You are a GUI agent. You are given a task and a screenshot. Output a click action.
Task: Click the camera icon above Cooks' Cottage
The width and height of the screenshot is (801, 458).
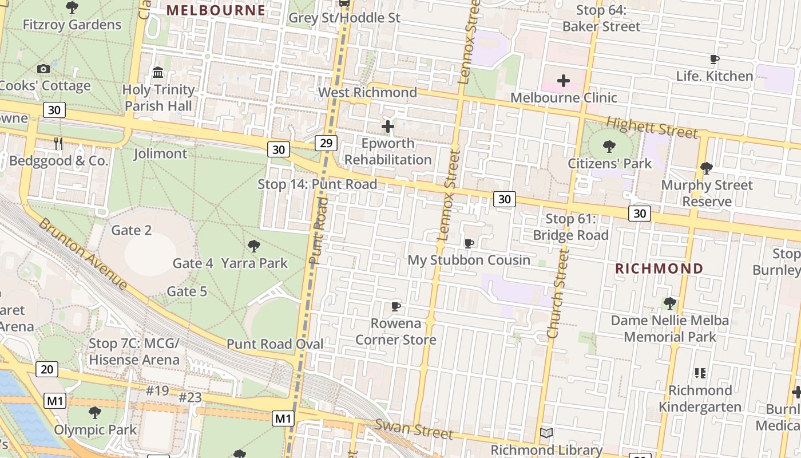pyautogui.click(x=43, y=69)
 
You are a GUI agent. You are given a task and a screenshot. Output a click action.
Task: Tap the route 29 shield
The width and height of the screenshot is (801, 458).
pyautogui.click(x=326, y=143)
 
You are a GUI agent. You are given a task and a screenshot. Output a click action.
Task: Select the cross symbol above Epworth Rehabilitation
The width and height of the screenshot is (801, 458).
pyautogui.click(x=388, y=127)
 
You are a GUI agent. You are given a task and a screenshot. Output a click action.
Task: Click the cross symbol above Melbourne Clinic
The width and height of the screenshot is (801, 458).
pyautogui.click(x=564, y=81)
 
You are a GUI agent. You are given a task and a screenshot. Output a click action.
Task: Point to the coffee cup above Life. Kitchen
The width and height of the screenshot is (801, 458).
pyautogui.click(x=714, y=59)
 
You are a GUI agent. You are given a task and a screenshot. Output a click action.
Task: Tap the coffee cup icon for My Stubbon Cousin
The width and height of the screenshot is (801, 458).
pyautogui.click(x=469, y=243)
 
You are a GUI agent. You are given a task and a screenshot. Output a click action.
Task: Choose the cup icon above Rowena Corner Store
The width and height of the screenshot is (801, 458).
pyautogui.click(x=395, y=306)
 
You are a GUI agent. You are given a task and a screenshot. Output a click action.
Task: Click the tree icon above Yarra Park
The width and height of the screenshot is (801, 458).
pyautogui.click(x=254, y=246)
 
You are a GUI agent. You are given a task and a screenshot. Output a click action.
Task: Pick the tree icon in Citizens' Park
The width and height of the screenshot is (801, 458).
pyautogui.click(x=609, y=147)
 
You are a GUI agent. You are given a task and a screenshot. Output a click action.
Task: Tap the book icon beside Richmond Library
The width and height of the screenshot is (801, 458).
pyautogui.click(x=546, y=433)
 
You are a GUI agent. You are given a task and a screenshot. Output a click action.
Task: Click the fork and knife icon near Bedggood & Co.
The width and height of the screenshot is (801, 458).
pyautogui.click(x=58, y=144)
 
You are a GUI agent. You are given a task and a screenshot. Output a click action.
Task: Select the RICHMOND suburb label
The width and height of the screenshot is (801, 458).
pyautogui.click(x=659, y=269)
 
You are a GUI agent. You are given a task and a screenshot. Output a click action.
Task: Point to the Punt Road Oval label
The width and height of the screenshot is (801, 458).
pyautogui.click(x=275, y=344)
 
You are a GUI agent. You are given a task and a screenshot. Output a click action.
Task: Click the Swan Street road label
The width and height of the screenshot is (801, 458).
pyautogui.click(x=414, y=429)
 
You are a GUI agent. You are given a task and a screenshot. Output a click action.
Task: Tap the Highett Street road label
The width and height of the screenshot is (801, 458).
pyautogui.click(x=652, y=127)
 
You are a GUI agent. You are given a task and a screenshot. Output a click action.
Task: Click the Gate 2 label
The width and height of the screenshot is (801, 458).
pyautogui.click(x=132, y=230)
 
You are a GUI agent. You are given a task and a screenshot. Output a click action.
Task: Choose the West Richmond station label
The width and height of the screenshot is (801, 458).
pyautogui.click(x=367, y=92)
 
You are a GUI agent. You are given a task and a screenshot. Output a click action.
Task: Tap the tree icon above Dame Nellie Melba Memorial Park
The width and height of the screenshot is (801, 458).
pyautogui.click(x=669, y=303)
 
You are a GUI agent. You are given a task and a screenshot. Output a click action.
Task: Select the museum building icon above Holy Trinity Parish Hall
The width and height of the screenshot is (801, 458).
pyautogui.click(x=158, y=73)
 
